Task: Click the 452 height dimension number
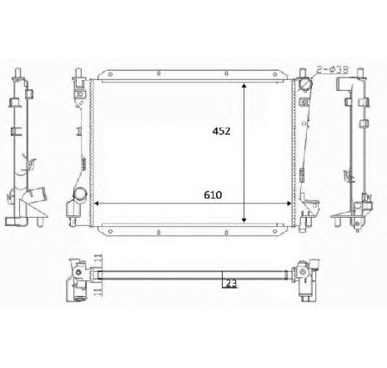[x=220, y=131]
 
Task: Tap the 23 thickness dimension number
[x=231, y=284]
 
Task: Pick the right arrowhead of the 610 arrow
[x=289, y=203]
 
